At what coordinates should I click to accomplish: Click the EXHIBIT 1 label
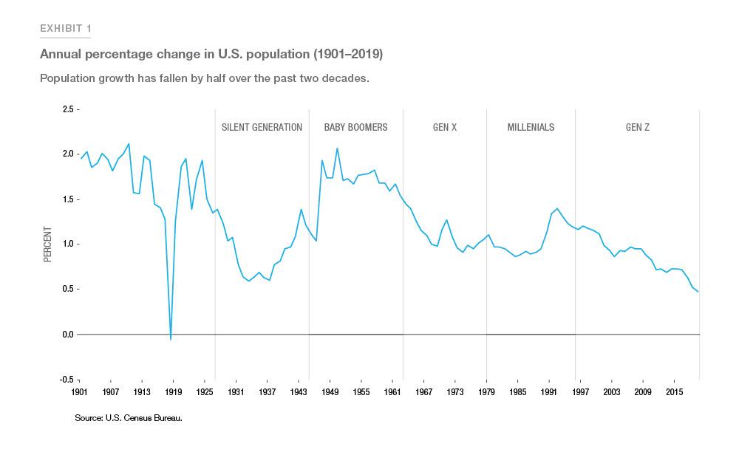(x=66, y=29)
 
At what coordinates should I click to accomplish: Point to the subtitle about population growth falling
(x=204, y=78)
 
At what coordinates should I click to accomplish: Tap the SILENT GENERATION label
(x=262, y=127)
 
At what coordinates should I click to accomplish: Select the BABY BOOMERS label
(x=355, y=127)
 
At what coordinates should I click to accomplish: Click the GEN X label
(x=445, y=127)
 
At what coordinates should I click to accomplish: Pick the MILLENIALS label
(x=531, y=127)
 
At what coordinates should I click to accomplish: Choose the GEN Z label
(x=637, y=127)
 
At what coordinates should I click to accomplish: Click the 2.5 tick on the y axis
(x=68, y=109)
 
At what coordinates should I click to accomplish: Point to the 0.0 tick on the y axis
(x=68, y=335)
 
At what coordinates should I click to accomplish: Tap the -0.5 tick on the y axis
(x=67, y=380)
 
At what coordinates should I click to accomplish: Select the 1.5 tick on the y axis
(x=68, y=199)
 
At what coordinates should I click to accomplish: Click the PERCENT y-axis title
(x=48, y=244)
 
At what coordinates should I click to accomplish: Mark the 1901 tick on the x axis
(x=79, y=391)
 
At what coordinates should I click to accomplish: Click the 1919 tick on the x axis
(x=172, y=391)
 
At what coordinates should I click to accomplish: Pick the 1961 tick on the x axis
(x=392, y=391)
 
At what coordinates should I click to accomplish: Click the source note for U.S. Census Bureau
(x=128, y=418)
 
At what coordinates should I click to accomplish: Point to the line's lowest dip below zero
(x=171, y=339)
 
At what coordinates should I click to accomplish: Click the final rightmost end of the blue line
(x=698, y=292)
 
